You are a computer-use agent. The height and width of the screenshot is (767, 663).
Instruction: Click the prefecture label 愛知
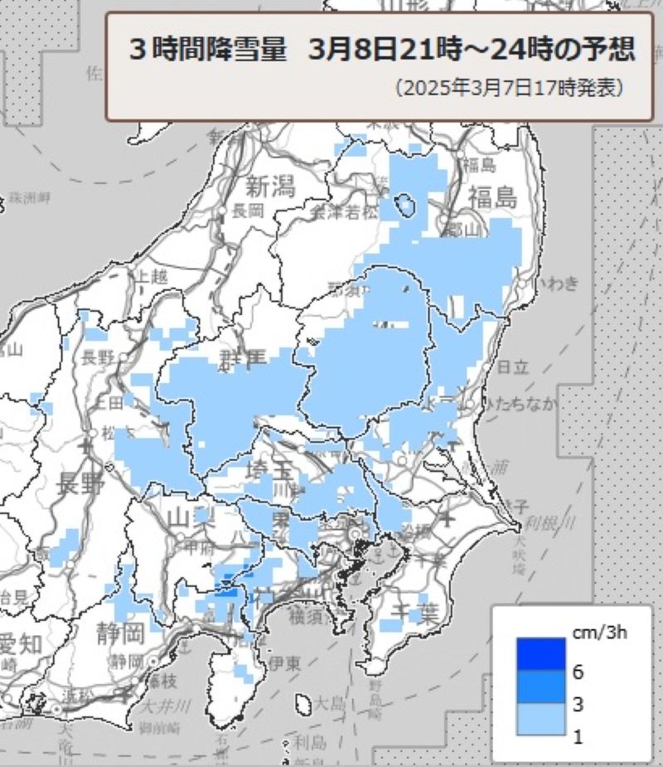[x=18, y=643]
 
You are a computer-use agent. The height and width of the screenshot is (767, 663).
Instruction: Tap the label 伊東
[x=283, y=663]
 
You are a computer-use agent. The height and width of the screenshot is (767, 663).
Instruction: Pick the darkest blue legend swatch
[x=540, y=653]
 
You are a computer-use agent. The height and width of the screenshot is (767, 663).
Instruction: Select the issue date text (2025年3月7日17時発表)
[x=509, y=87]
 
